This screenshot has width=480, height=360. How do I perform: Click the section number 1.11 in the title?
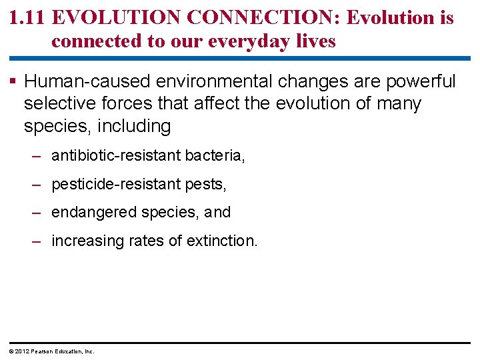coord(27,18)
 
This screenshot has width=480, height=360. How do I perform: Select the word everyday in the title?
coord(247,41)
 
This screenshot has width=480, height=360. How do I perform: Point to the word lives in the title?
coord(315,41)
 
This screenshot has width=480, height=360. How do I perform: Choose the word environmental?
coord(213,82)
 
